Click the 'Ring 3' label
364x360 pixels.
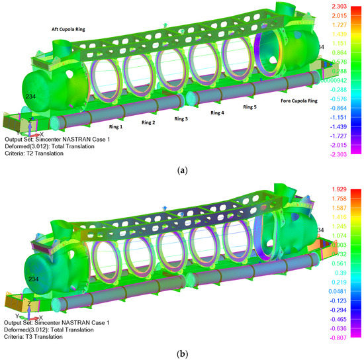(x=181, y=119)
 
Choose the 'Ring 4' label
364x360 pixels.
(x=217, y=113)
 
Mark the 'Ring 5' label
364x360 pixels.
(x=250, y=107)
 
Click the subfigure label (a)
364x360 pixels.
(x=181, y=170)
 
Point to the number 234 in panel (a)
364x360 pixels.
(x=31, y=97)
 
